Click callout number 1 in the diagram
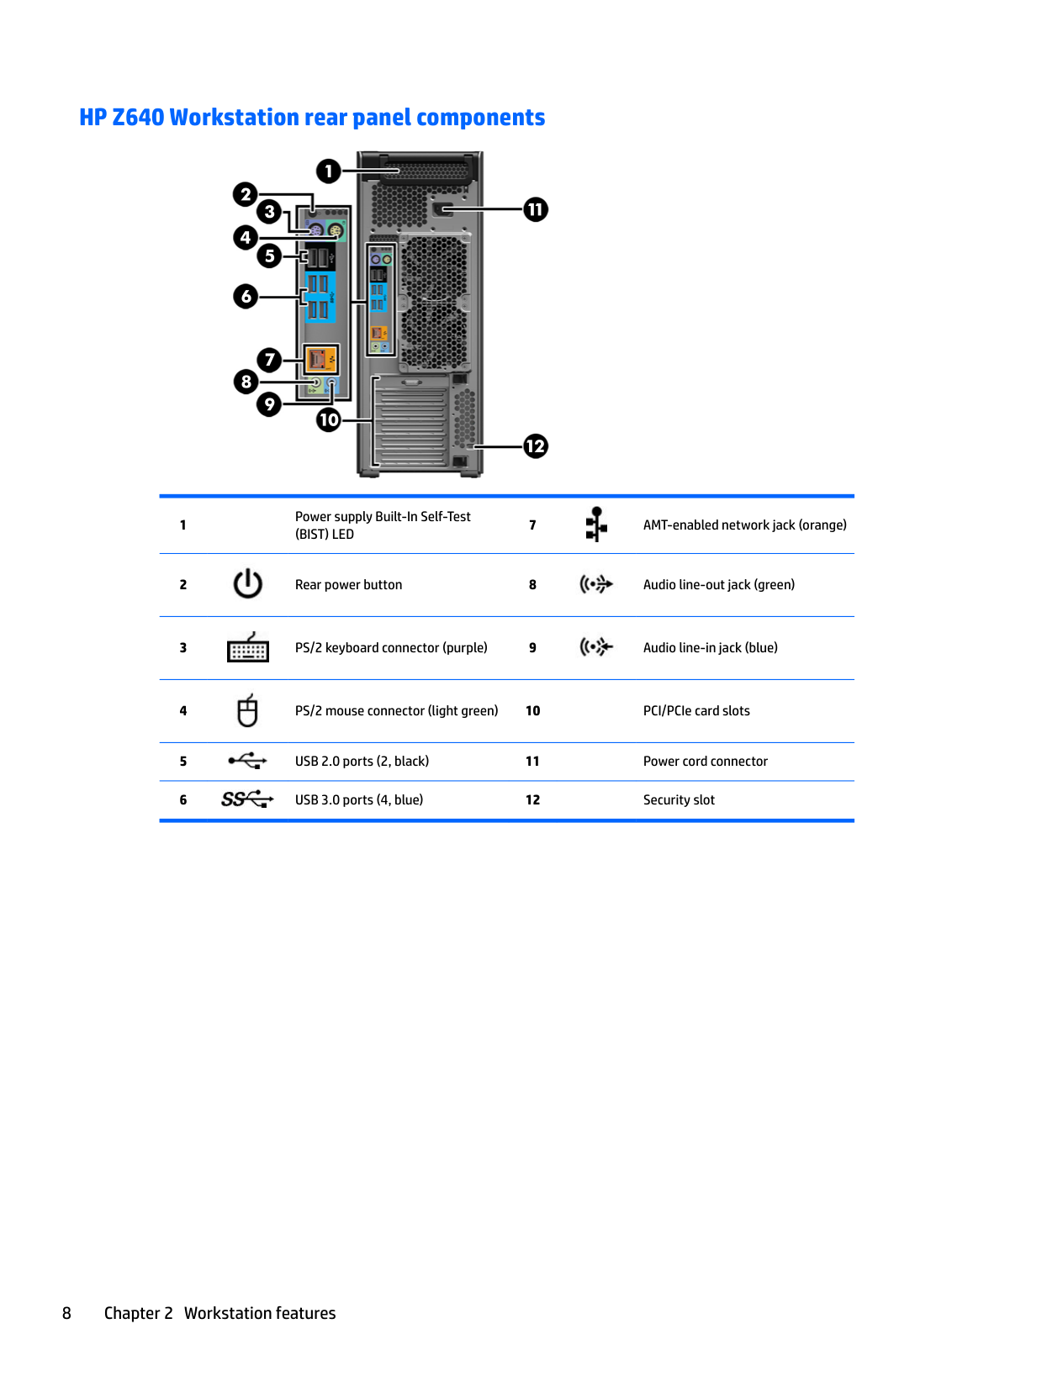pyautogui.click(x=328, y=171)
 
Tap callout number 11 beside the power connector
pyautogui.click(x=536, y=209)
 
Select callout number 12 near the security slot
pyautogui.click(x=536, y=446)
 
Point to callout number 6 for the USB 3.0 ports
pyautogui.click(x=246, y=296)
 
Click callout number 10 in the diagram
pyautogui.click(x=329, y=419)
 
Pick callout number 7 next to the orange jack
pyautogui.click(x=269, y=360)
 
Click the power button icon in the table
pyautogui.click(x=248, y=584)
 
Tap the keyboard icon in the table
pyautogui.click(x=248, y=648)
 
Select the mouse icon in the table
pyautogui.click(x=247, y=711)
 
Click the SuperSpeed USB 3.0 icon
pyautogui.click(x=247, y=799)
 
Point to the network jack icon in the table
pyautogui.click(x=596, y=525)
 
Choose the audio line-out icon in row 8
pyautogui.click(x=596, y=584)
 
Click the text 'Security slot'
pyautogui.click(x=679, y=800)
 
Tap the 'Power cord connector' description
pyautogui.click(x=705, y=762)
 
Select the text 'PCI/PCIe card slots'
pyautogui.click(x=696, y=711)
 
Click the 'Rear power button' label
pyautogui.click(x=348, y=585)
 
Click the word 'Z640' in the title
pyautogui.click(x=138, y=118)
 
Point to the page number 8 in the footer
pyautogui.click(x=67, y=1313)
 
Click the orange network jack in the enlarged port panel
pyautogui.click(x=317, y=360)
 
